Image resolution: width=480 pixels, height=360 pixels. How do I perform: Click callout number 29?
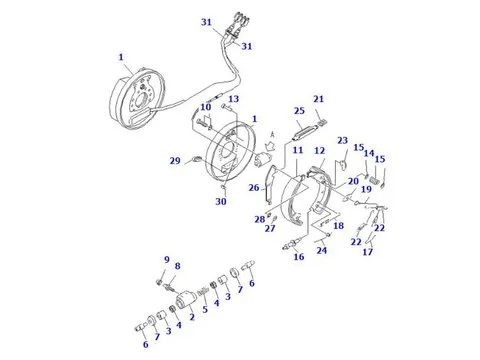pos(175,161)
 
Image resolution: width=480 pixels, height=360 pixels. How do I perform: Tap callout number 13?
pos(233,99)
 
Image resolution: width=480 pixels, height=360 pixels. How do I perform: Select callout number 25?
pos(299,111)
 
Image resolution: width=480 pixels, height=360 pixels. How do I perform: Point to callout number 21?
pos(318,99)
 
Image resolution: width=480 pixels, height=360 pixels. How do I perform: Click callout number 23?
pos(342,141)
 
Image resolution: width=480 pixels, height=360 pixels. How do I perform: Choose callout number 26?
pos(254,188)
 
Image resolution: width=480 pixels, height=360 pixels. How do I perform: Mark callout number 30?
pos(221,201)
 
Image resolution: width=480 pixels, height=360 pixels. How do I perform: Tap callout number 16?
pos(299,257)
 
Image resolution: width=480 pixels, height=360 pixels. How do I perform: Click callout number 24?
pos(321,250)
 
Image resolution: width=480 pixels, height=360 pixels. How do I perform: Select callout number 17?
pos(367,252)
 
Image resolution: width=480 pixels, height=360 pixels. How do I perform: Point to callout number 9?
pos(167,260)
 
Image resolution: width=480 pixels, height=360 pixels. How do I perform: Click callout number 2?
pos(192,316)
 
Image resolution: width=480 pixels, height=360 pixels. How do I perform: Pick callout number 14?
pos(369,154)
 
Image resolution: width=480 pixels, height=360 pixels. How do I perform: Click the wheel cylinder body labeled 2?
pos(186,299)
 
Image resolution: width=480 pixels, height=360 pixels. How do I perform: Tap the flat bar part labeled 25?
pos(303,132)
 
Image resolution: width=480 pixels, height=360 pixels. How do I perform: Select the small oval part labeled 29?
pos(197,158)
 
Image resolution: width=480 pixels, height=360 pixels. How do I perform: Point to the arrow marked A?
pos(269,146)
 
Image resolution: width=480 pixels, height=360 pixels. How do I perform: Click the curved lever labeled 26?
pos(269,184)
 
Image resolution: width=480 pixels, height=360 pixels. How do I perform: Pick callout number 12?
pos(319,151)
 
